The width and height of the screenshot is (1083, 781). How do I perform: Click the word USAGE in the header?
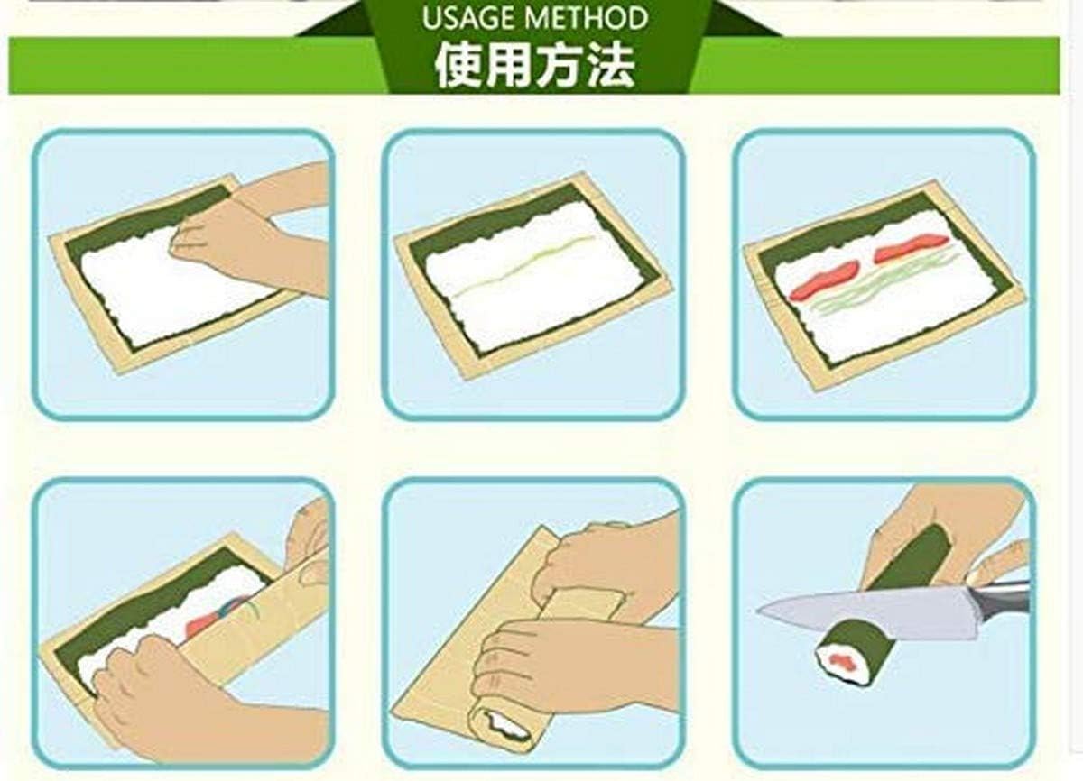click(x=468, y=19)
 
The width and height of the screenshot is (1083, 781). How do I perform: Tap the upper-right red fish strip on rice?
click(x=912, y=246)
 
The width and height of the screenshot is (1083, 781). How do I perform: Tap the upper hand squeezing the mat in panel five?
click(x=609, y=565)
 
